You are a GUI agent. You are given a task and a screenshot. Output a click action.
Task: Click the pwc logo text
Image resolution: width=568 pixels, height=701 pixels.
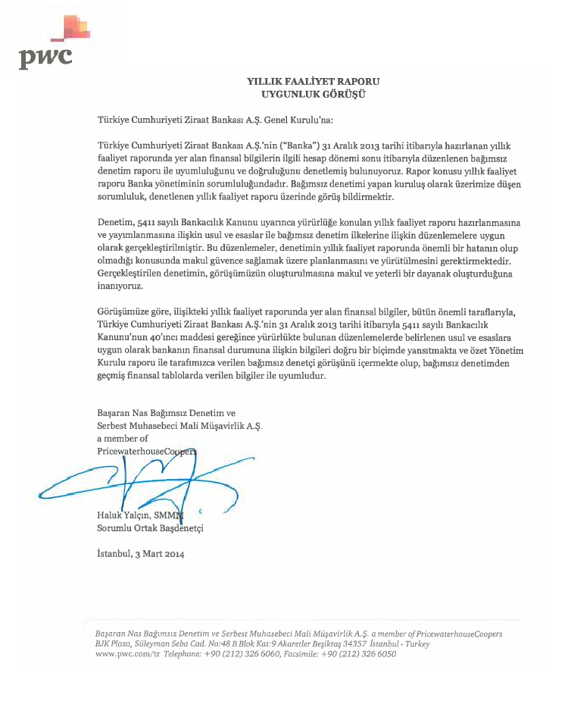45,56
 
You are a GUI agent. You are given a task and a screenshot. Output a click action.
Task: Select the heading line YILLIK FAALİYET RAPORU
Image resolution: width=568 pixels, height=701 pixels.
313,81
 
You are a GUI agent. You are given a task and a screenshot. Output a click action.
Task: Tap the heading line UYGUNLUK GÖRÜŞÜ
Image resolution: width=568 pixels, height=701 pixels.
313,93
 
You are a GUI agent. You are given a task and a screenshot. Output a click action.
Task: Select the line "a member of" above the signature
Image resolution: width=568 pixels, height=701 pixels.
123,439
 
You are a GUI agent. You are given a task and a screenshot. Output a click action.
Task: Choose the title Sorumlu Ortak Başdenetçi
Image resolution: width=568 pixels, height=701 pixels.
150,527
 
